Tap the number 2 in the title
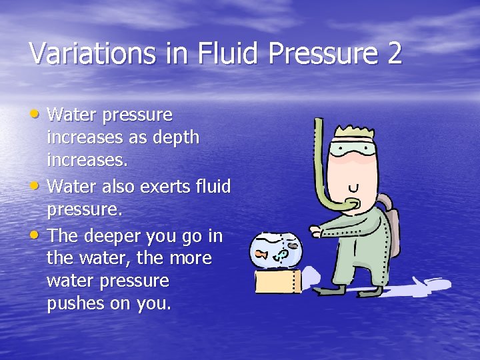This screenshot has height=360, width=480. pyautogui.click(x=394, y=53)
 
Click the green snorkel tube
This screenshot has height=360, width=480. pyautogui.click(x=323, y=167)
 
